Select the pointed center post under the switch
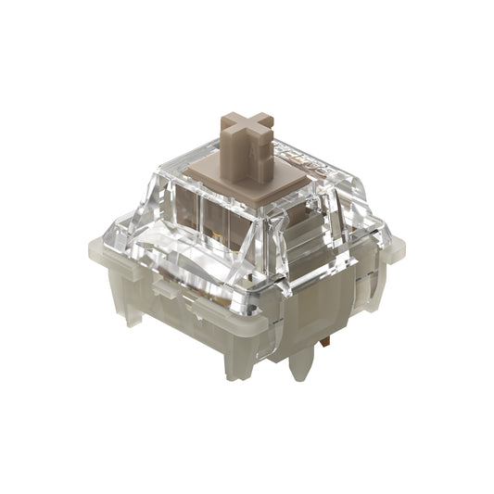(299, 366)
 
